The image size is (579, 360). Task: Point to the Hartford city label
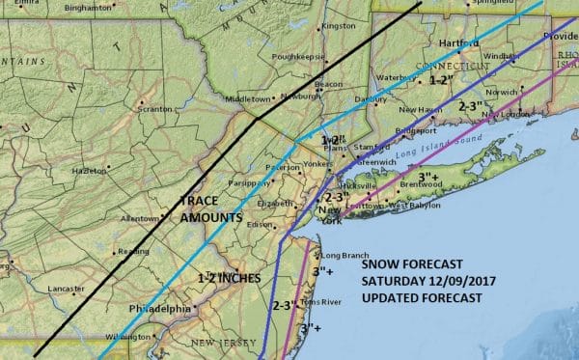pyautogui.click(x=459, y=43)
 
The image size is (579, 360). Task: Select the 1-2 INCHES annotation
pyautogui.click(x=230, y=278)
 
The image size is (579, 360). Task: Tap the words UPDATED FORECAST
pyautogui.click(x=422, y=297)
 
